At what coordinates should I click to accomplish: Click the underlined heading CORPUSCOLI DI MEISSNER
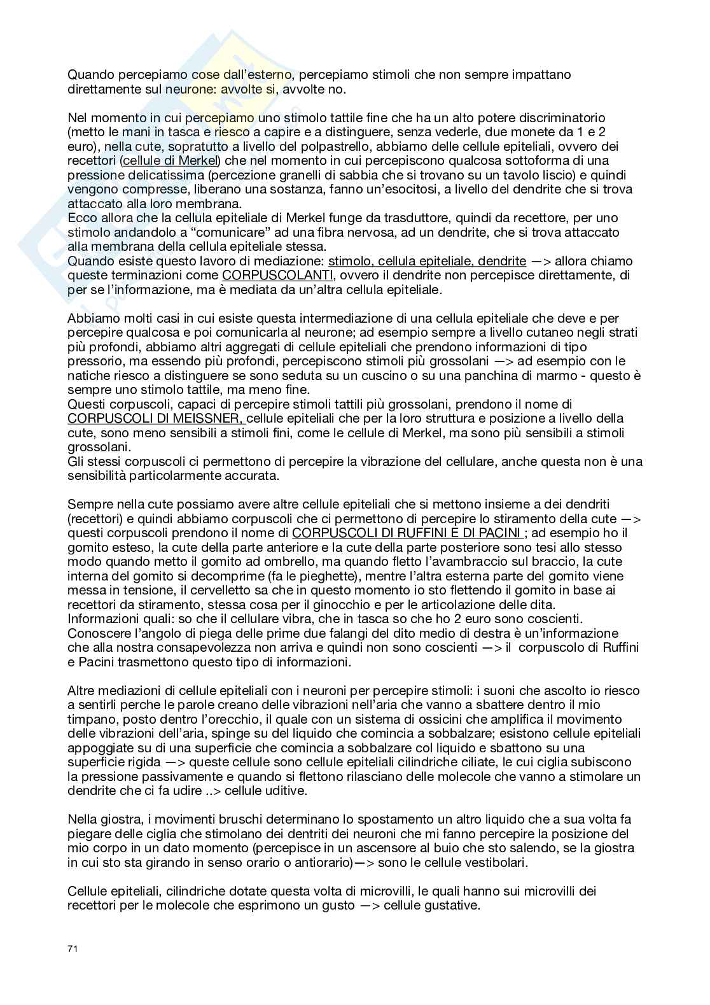pyautogui.click(x=154, y=418)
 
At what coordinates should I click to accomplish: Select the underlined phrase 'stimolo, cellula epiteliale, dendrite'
pyautogui.click(x=427, y=261)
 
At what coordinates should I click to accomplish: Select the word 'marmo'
pyautogui.click(x=558, y=376)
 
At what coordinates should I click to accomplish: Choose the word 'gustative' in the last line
pyautogui.click(x=451, y=905)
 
